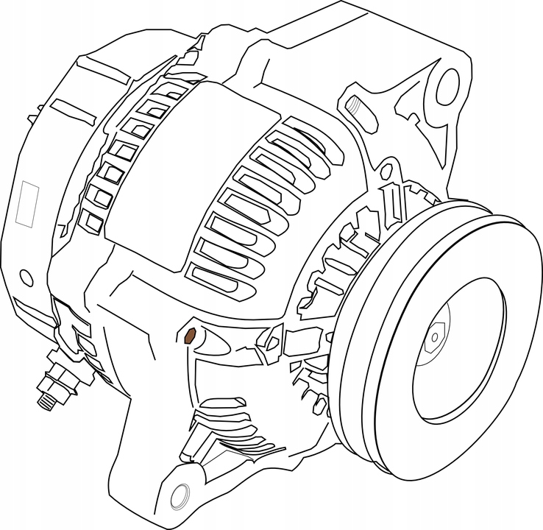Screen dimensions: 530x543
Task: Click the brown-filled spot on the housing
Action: pyautogui.click(x=189, y=336)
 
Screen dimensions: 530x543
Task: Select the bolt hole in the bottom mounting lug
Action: pyautogui.click(x=178, y=496)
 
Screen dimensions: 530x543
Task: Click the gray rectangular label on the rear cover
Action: pyautogui.click(x=29, y=203)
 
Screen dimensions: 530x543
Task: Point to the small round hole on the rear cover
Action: pyautogui.click(x=26, y=278)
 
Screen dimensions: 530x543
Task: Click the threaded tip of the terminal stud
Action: pyautogui.click(x=44, y=400)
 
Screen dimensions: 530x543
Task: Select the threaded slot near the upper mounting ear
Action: pyautogui.click(x=355, y=106)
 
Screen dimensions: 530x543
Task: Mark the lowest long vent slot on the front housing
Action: pyautogui.click(x=221, y=276)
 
